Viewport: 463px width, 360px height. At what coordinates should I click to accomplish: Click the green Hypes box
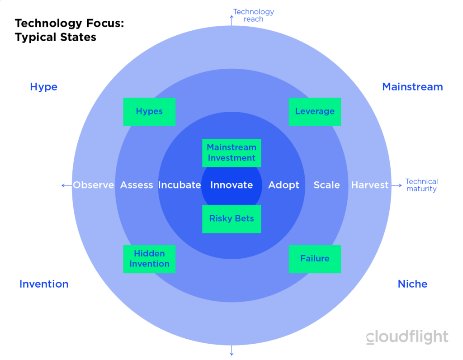pyautogui.click(x=149, y=112)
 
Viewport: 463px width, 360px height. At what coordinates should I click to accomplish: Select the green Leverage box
pyautogui.click(x=315, y=112)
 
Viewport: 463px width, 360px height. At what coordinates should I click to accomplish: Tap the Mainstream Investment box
pyautogui.click(x=231, y=153)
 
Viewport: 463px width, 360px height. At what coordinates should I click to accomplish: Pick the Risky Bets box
pyautogui.click(x=231, y=219)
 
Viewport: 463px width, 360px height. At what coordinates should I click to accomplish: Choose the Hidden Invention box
pyautogui.click(x=149, y=259)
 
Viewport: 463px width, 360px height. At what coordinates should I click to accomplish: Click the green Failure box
pyautogui.click(x=315, y=259)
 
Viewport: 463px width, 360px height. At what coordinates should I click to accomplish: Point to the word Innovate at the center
pyautogui.click(x=231, y=185)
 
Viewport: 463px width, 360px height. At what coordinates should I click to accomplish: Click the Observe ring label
pyautogui.click(x=93, y=185)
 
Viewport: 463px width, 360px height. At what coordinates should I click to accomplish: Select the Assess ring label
pyautogui.click(x=137, y=185)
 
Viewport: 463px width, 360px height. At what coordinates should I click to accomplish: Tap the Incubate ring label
pyautogui.click(x=180, y=185)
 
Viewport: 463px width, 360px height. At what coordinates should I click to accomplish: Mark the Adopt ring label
pyautogui.click(x=283, y=185)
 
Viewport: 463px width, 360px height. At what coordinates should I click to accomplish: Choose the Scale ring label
pyautogui.click(x=326, y=185)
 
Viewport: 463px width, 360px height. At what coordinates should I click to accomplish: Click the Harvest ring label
pyautogui.click(x=370, y=185)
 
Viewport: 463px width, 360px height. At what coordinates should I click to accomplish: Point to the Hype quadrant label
pyautogui.click(x=44, y=87)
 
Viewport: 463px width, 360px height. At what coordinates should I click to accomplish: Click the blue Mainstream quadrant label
pyautogui.click(x=412, y=87)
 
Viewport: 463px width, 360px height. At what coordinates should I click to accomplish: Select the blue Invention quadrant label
pyautogui.click(x=44, y=284)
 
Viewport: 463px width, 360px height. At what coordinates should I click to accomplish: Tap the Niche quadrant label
pyautogui.click(x=412, y=284)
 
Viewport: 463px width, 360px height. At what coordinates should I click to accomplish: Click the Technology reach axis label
pyautogui.click(x=254, y=15)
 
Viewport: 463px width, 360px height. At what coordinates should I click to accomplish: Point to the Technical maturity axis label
pyautogui.click(x=422, y=185)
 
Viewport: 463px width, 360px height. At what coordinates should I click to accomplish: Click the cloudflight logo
pyautogui.click(x=407, y=336)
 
